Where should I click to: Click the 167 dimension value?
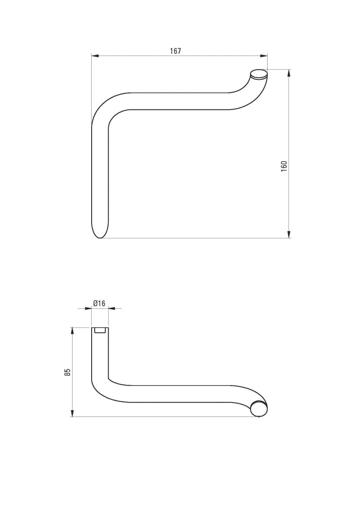pyautogui.click(x=176, y=51)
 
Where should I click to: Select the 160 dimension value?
pyautogui.click(x=284, y=165)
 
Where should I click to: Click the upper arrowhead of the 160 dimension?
pyautogui.click(x=289, y=73)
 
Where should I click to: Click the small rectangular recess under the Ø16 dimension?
pyautogui.click(x=100, y=330)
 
